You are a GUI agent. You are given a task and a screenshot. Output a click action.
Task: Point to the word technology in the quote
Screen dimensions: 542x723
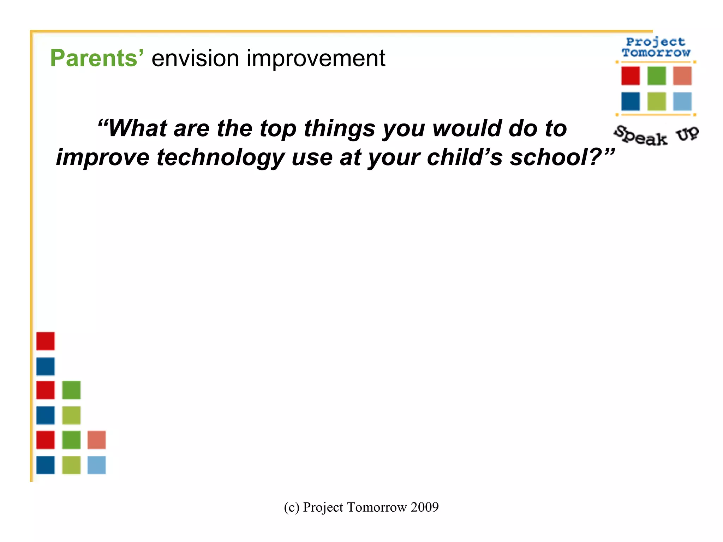tap(220, 157)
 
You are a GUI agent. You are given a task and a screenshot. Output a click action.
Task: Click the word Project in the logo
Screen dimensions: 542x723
tap(656, 42)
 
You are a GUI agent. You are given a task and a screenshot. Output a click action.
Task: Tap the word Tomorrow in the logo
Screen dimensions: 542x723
tap(656, 53)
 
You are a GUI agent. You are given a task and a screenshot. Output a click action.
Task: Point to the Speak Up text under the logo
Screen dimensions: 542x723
tap(656, 136)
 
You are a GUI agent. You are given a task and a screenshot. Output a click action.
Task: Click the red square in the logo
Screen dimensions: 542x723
tap(631, 76)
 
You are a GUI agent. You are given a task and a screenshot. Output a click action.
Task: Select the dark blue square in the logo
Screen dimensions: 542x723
tap(631, 102)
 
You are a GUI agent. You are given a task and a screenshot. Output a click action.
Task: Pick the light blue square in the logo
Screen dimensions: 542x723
tap(682, 102)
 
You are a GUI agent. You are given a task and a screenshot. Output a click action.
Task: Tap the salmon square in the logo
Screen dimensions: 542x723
tap(682, 76)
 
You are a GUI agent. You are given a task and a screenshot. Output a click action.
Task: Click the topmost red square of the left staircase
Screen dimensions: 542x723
tap(46, 341)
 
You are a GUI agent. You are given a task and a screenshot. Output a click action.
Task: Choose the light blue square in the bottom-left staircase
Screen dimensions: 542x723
tap(96, 465)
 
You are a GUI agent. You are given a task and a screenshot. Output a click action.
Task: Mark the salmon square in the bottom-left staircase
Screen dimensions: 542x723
tap(96, 440)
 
